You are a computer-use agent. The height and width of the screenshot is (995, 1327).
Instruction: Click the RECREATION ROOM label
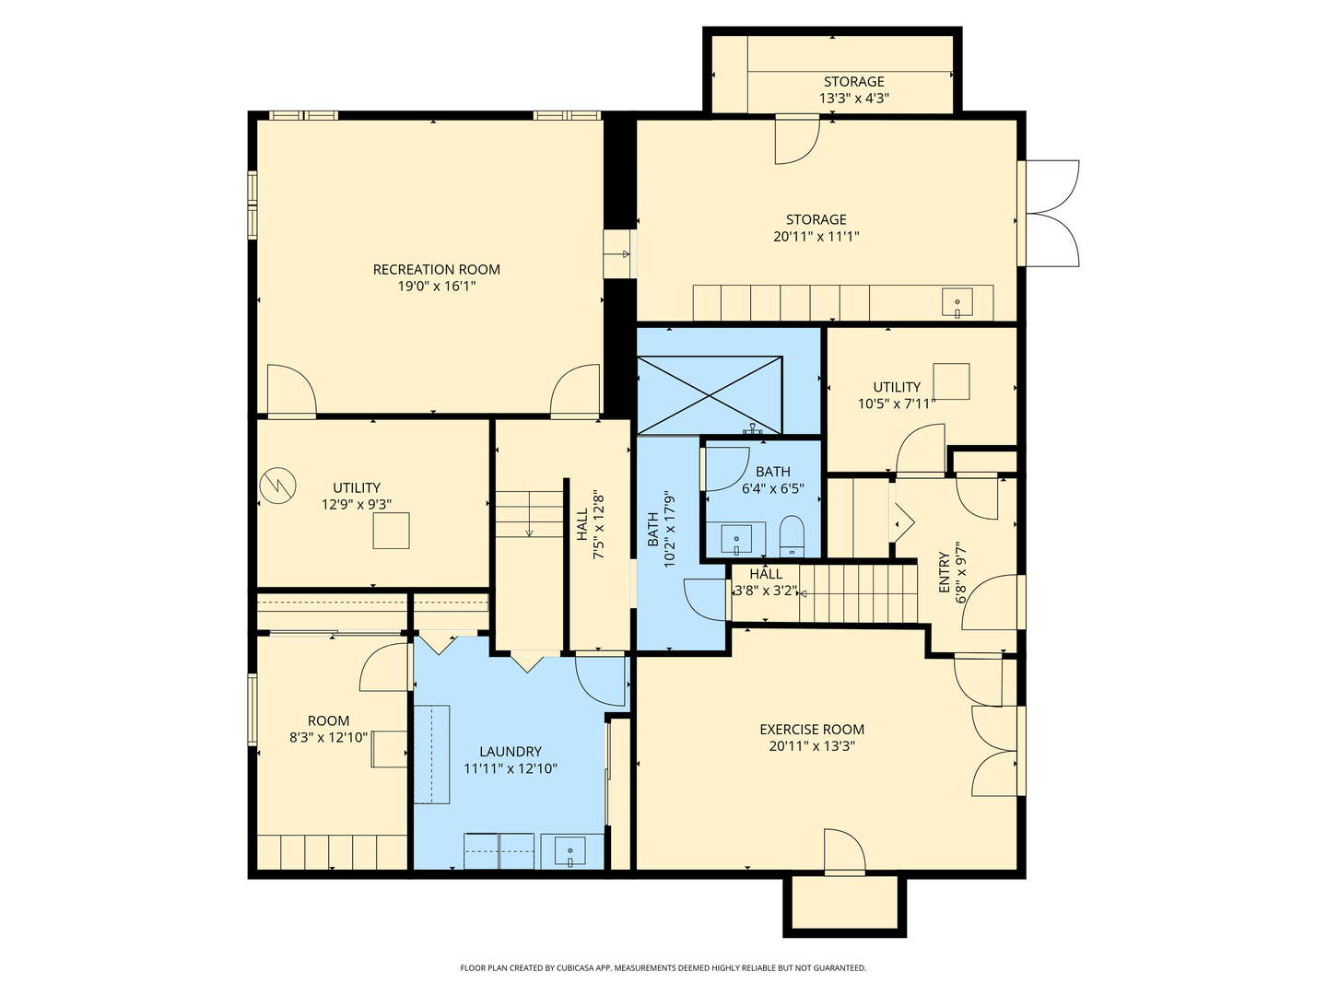pyautogui.click(x=436, y=270)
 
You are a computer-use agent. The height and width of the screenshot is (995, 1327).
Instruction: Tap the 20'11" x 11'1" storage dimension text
pyautogui.click(x=816, y=237)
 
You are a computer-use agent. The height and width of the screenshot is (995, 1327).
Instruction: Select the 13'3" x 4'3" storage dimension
pyautogui.click(x=853, y=98)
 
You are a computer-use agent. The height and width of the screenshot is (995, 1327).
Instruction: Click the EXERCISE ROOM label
pyautogui.click(x=812, y=730)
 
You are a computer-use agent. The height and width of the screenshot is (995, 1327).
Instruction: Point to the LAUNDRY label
pyautogui.click(x=510, y=752)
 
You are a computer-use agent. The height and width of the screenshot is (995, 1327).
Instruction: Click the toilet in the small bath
pyautogui.click(x=792, y=536)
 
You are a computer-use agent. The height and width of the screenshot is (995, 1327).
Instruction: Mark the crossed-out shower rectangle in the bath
pyautogui.click(x=710, y=394)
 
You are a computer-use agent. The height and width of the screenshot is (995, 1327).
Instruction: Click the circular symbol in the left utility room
pyautogui.click(x=276, y=486)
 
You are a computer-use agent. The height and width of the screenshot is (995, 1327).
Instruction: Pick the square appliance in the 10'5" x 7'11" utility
pyautogui.click(x=951, y=381)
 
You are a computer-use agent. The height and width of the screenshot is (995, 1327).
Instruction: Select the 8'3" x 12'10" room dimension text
pyautogui.click(x=328, y=737)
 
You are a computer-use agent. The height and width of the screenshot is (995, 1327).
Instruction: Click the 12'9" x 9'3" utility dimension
pyautogui.click(x=357, y=504)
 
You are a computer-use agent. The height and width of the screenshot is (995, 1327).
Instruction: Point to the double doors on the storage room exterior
pyautogui.click(x=1051, y=214)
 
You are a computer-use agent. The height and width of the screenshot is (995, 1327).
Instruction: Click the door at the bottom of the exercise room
pyautogui.click(x=843, y=852)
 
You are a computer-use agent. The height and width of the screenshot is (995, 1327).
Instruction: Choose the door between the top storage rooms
pyautogui.click(x=796, y=138)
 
